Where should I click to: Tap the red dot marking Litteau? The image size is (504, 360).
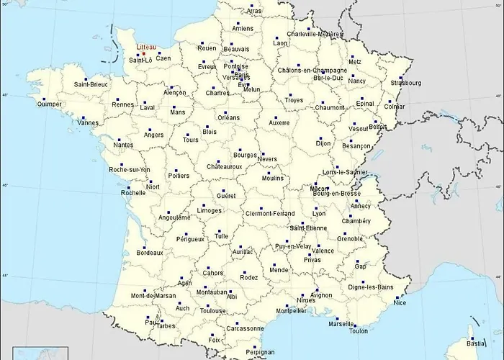tap(144, 53)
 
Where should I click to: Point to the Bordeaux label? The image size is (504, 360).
tap(150, 253)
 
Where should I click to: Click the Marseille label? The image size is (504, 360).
tap(341, 323)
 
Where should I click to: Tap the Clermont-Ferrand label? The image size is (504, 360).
tap(269, 213)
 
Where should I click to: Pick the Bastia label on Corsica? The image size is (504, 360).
tap(477, 343)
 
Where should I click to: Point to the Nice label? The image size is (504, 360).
tap(400, 302)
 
